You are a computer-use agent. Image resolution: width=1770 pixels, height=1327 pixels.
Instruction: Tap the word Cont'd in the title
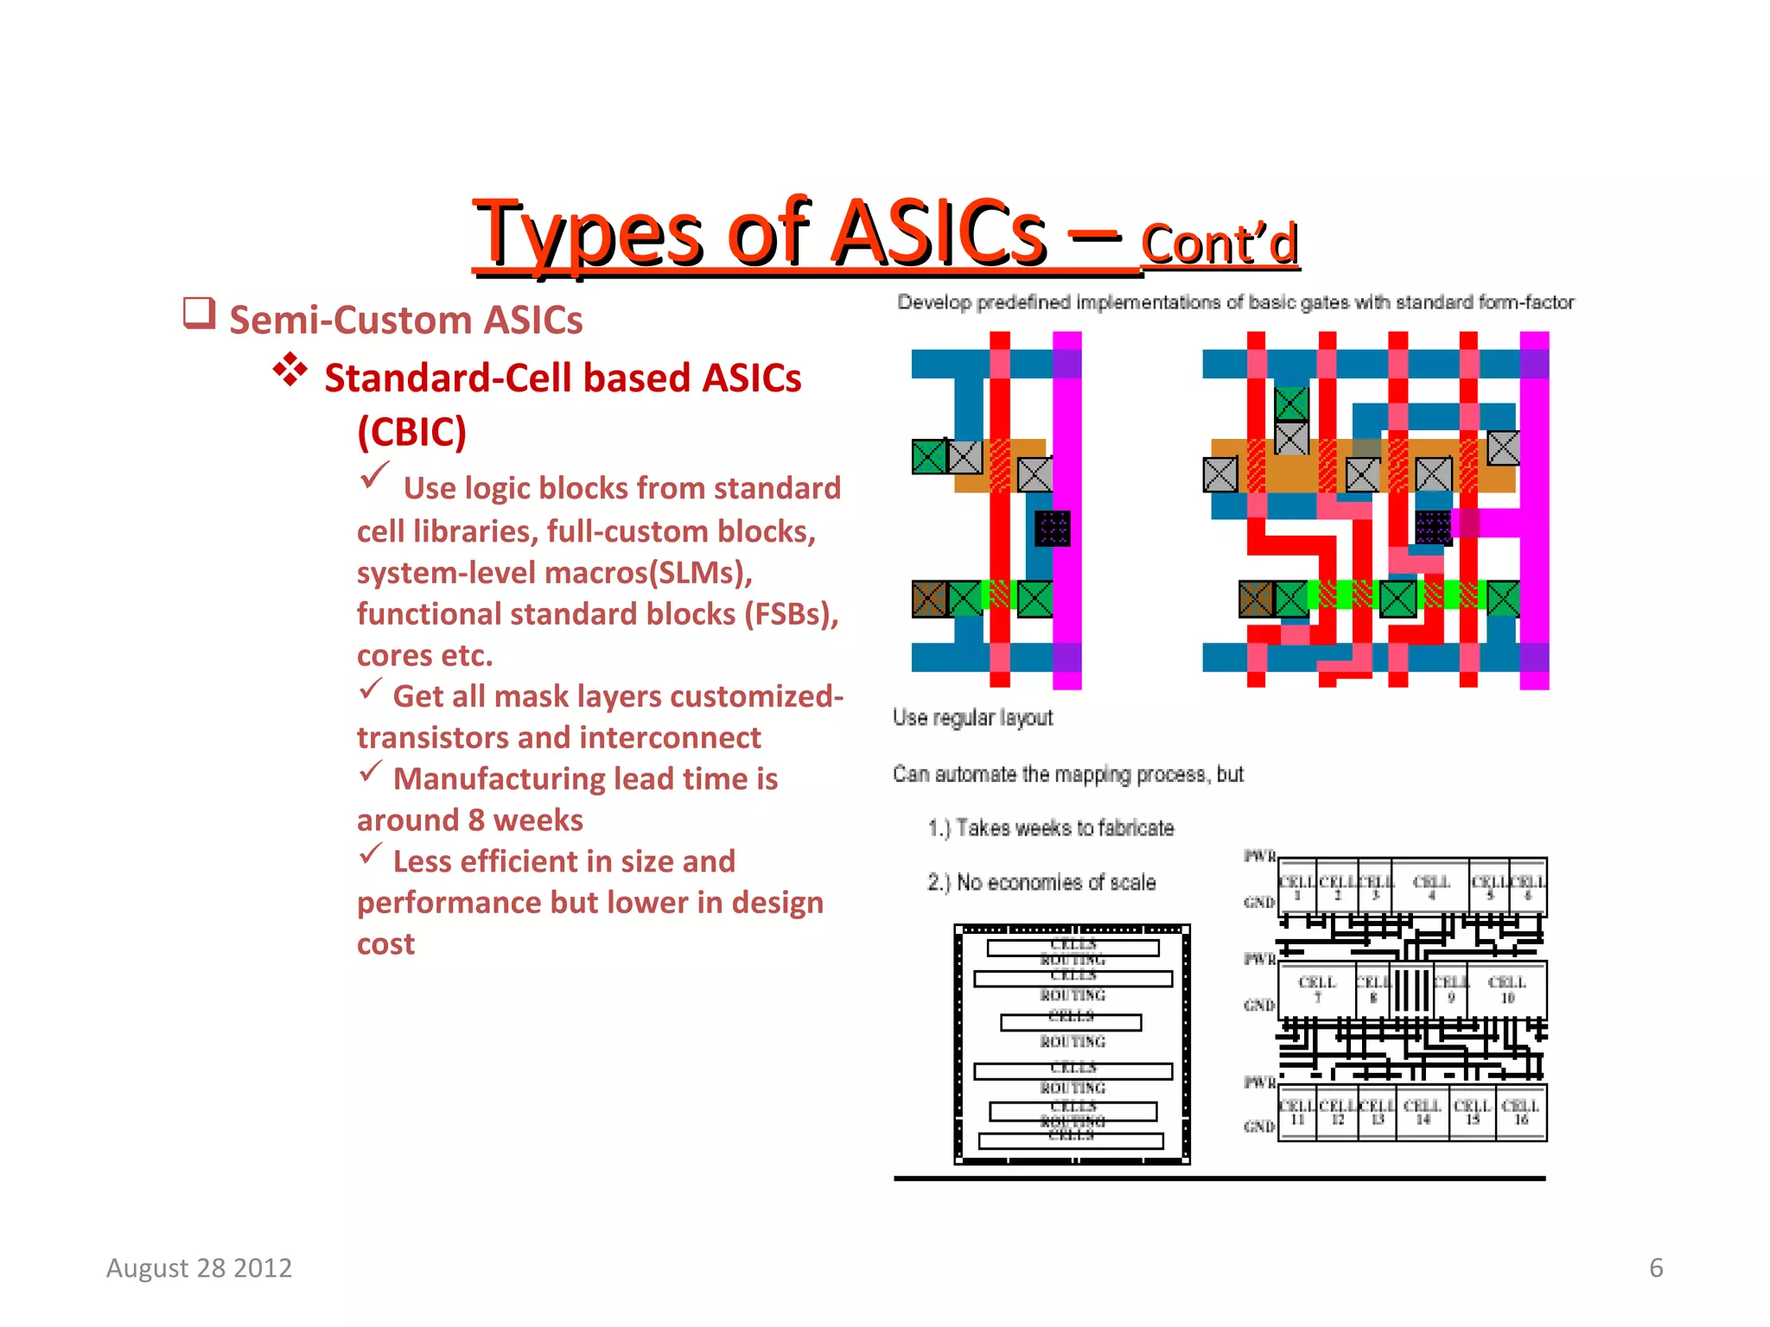tap(1219, 244)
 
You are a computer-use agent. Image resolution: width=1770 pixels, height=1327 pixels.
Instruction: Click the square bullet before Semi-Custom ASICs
tap(199, 313)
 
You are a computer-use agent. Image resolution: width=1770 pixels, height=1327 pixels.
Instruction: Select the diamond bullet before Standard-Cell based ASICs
tap(290, 370)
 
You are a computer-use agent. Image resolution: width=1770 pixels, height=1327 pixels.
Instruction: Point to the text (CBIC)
tap(411, 431)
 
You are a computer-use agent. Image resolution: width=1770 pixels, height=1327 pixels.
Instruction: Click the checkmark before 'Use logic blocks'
tap(374, 475)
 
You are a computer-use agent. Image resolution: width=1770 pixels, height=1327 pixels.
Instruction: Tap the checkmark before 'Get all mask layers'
tap(370, 689)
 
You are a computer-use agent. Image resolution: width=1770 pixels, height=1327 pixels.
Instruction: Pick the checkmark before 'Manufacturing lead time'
tap(370, 771)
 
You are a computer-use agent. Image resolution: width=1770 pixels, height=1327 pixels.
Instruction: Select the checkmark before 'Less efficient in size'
tap(370, 854)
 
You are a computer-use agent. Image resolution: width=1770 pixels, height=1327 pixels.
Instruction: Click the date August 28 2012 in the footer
tap(199, 1267)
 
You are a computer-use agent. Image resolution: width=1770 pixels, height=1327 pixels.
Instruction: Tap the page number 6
tap(1656, 1267)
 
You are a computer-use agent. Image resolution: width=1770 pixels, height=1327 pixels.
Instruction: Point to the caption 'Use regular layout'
tap(972, 718)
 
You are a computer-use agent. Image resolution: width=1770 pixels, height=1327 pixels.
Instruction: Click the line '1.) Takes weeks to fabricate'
tap(1050, 828)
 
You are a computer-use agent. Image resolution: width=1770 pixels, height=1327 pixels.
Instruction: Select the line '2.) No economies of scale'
tap(1041, 882)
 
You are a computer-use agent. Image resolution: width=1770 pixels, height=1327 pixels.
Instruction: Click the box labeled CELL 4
tap(1430, 887)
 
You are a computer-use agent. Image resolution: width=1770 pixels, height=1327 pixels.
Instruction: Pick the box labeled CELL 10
tap(1506, 989)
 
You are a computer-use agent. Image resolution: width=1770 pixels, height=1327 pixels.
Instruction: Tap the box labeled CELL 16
tap(1520, 1113)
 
